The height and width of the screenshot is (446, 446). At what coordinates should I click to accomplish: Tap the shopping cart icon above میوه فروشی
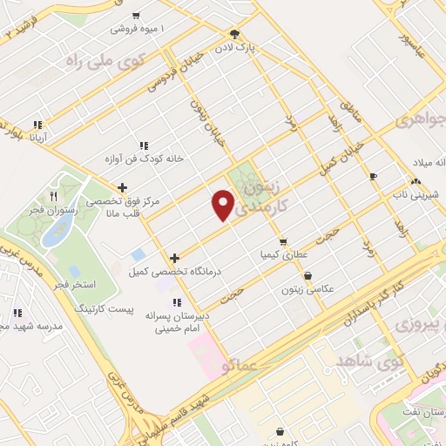pos(137,16)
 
